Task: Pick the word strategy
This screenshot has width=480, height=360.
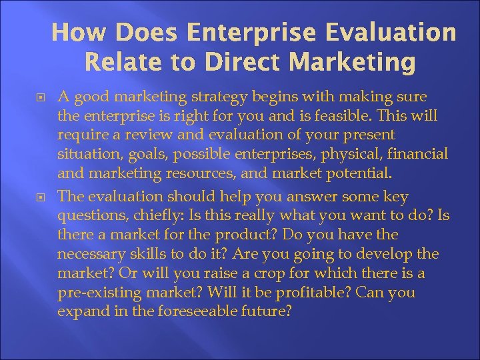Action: click(201, 97)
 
